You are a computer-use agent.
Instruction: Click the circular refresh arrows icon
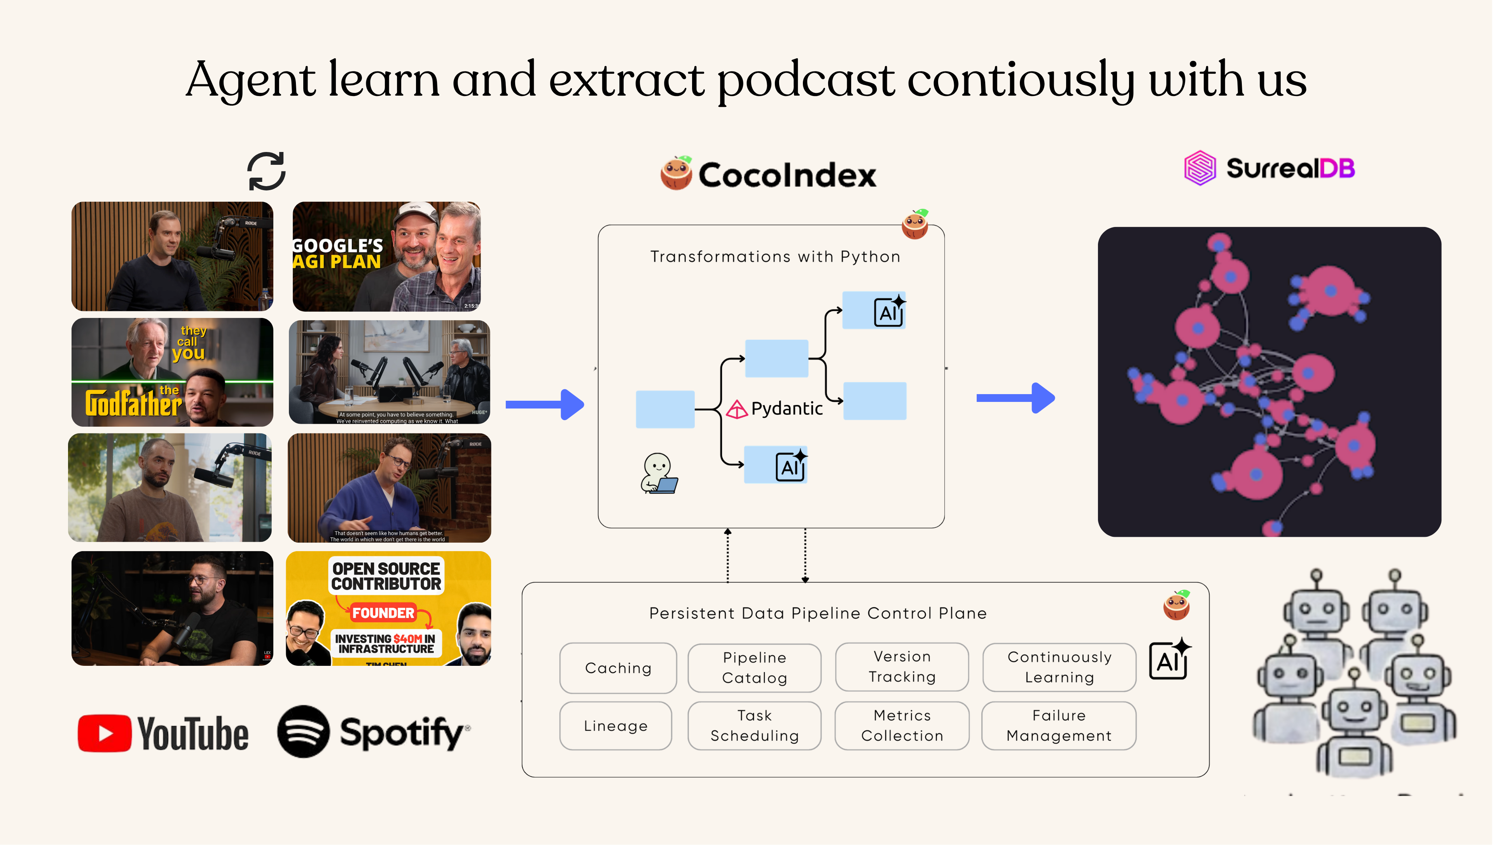point(266,171)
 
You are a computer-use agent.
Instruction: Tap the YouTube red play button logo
point(105,733)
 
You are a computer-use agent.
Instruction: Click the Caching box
point(618,668)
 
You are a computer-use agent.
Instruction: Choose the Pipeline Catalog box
point(754,668)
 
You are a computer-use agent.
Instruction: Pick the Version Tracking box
point(902,667)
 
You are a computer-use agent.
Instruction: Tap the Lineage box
point(615,726)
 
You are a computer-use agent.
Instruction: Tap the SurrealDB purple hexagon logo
point(1199,168)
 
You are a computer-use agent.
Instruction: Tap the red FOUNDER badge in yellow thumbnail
point(383,613)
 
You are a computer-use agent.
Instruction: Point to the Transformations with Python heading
point(775,257)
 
